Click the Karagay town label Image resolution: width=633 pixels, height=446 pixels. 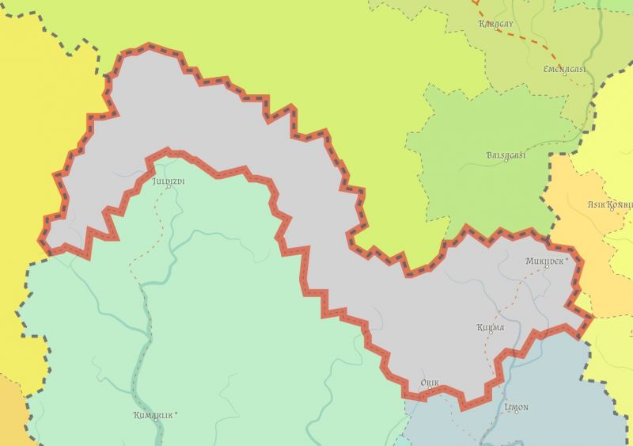click(496, 24)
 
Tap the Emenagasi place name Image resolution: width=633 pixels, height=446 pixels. click(564, 69)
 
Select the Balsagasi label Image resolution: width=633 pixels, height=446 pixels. click(506, 155)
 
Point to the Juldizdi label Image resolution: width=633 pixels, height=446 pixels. click(168, 181)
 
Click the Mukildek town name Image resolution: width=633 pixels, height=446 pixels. click(544, 261)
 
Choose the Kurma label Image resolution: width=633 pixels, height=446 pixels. click(491, 327)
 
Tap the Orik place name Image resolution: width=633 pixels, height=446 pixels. click(430, 383)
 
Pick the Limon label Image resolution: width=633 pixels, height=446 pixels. click(517, 408)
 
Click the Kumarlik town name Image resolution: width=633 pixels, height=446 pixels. click(153, 414)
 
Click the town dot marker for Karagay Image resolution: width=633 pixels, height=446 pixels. click(496, 32)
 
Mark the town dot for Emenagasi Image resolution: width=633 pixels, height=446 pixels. click(564, 78)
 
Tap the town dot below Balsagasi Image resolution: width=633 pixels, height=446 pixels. click(506, 164)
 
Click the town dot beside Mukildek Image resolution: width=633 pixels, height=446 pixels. click(547, 268)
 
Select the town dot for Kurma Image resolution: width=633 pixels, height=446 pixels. click(490, 334)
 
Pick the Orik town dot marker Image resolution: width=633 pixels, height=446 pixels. click(429, 390)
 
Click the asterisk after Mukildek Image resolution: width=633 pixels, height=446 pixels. click(566, 259)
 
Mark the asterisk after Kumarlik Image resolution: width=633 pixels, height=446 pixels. click(176, 413)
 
